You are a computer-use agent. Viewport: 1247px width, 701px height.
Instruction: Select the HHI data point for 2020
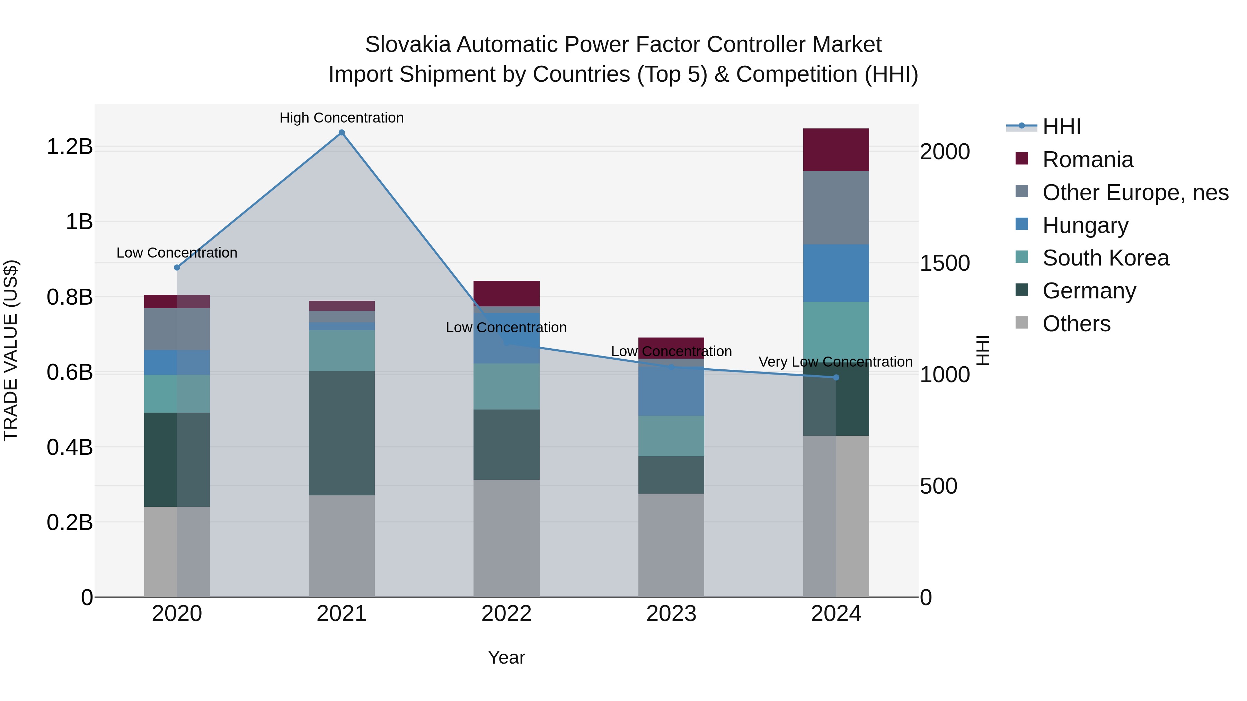[x=177, y=268]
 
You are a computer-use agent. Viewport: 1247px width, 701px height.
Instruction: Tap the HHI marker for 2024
[x=836, y=377]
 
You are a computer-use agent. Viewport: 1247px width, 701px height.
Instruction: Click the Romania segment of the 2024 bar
[x=836, y=150]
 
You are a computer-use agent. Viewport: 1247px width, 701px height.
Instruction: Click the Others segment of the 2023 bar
[x=671, y=545]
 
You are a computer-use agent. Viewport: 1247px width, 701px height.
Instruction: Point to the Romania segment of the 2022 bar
[x=506, y=293]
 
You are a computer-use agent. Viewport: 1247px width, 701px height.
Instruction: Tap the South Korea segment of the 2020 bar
[x=177, y=393]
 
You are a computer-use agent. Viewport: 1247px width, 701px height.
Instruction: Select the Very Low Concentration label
[x=835, y=361]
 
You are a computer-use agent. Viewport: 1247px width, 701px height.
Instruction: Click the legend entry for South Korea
[x=1105, y=258]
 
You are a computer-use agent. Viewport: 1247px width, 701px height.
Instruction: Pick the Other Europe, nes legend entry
[x=1135, y=192]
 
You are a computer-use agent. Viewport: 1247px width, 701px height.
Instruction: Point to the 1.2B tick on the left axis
[x=70, y=146]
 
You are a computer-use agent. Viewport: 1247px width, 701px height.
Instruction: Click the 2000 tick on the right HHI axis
[x=945, y=152]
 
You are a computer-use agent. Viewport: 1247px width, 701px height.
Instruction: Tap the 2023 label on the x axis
[x=671, y=614]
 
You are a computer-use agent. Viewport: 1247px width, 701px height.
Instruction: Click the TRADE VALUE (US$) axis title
[x=11, y=350]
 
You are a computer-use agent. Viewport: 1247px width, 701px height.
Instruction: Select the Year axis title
[x=506, y=657]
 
